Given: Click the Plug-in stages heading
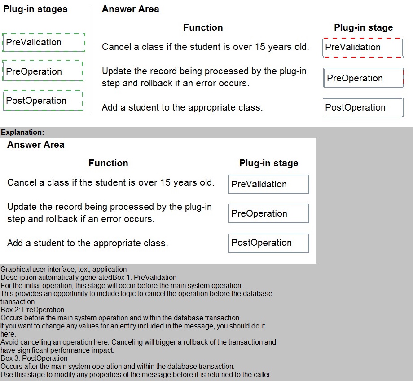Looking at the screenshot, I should tap(35, 9).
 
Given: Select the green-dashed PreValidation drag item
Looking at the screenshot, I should tap(43, 42).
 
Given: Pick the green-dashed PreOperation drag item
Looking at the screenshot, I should tap(43, 71).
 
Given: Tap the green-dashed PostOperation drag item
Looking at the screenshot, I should tap(43, 101).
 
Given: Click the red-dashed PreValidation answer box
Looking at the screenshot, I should tap(362, 47).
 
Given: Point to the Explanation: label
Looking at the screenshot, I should tap(22, 132).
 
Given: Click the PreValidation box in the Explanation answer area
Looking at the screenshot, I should tap(268, 184).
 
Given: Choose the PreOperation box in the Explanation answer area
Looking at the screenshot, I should tap(268, 213).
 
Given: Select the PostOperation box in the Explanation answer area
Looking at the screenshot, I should tap(268, 243).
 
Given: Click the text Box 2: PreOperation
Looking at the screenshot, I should tap(32, 310).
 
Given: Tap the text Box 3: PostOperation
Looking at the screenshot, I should tap(34, 358).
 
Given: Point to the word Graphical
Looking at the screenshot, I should tap(15, 269).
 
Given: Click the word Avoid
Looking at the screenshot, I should tap(9, 342).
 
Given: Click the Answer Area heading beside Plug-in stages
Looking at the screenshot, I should tap(130, 9).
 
